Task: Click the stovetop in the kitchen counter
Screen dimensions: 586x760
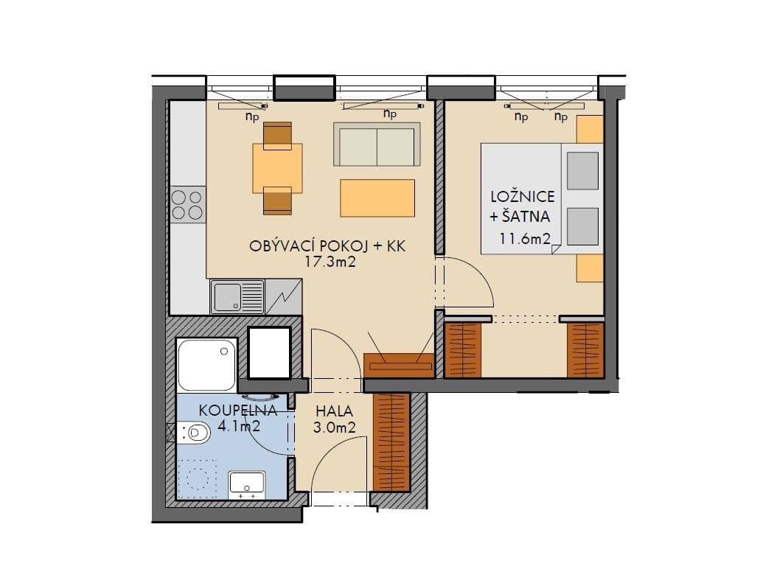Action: coord(187,205)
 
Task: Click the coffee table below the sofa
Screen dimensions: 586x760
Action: coord(377,197)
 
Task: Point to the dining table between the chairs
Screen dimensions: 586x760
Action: coord(277,168)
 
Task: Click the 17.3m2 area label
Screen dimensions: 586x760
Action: coord(330,261)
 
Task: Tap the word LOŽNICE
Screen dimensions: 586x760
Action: coord(523,197)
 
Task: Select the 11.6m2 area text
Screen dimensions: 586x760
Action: coord(526,238)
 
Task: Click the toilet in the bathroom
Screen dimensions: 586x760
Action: coord(192,432)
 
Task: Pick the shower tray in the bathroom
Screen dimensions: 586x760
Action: coord(207,366)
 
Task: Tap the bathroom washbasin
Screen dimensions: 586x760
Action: coord(247,484)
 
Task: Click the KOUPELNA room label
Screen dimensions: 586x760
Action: coord(237,411)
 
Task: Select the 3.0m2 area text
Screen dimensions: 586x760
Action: coord(337,426)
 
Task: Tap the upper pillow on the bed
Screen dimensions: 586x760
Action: coord(582,170)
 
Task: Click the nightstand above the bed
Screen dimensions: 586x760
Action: coord(590,129)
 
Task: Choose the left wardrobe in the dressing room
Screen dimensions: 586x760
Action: coord(463,349)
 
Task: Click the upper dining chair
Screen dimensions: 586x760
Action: coord(277,135)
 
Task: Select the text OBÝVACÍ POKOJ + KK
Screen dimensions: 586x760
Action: coord(328,246)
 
